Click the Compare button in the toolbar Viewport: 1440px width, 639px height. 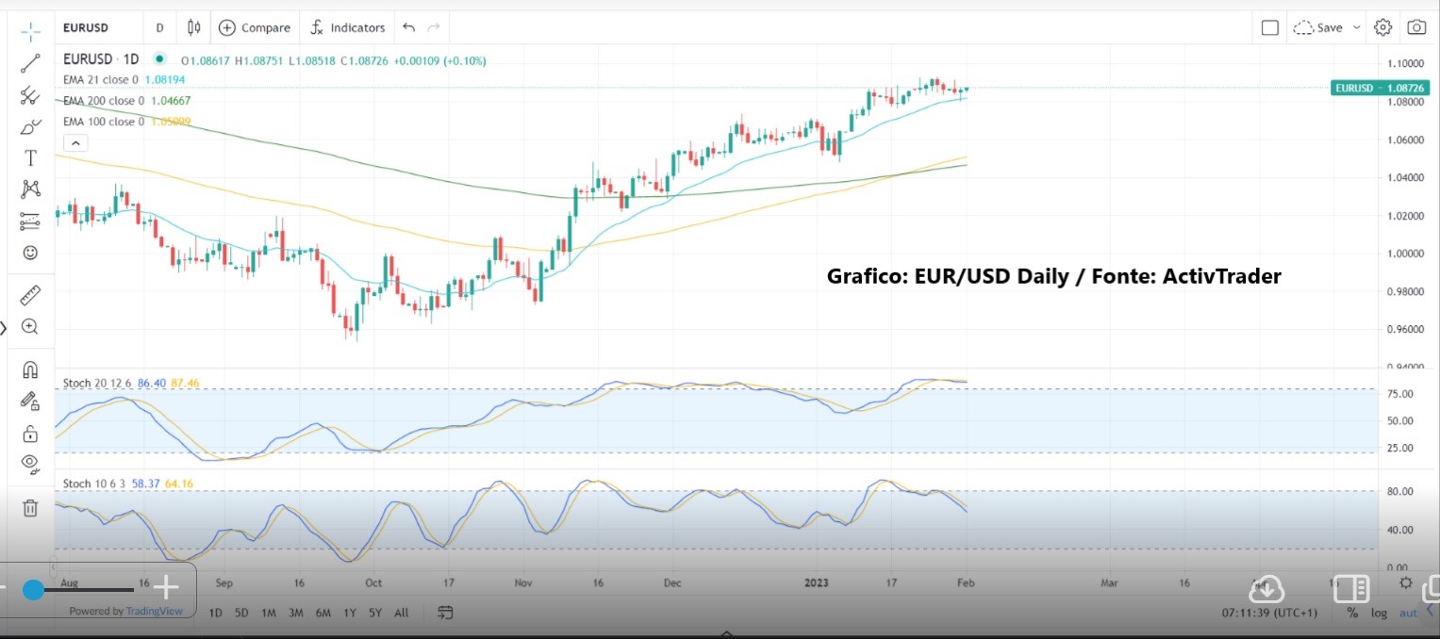(x=255, y=28)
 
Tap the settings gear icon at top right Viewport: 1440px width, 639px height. (x=1382, y=27)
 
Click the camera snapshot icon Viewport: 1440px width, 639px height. (x=1416, y=27)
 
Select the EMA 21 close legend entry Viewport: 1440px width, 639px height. (x=101, y=80)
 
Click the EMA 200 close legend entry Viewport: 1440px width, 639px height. (x=104, y=101)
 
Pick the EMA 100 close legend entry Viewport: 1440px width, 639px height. (x=104, y=122)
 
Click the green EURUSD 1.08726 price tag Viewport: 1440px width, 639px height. (x=1381, y=88)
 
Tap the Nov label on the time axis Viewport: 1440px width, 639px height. (x=523, y=583)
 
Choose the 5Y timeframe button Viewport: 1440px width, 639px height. (x=375, y=613)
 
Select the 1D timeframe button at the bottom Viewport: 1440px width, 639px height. (x=215, y=613)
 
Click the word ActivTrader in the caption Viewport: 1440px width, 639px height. (x=1226, y=276)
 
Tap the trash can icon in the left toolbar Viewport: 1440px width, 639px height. (x=30, y=508)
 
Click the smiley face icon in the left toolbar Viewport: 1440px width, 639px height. (x=30, y=253)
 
